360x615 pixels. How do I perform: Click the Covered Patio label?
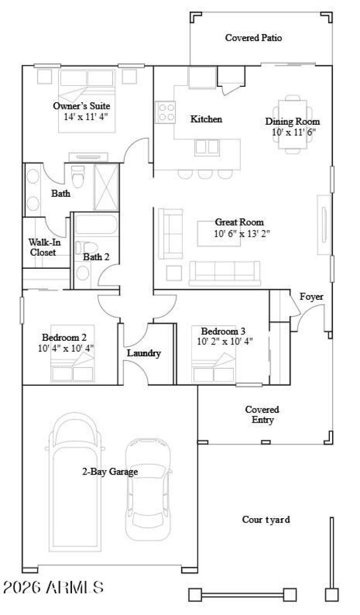[253, 38]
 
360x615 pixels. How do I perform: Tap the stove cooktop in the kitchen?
[165, 113]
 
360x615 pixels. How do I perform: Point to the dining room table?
[293, 124]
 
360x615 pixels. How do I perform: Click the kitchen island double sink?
[207, 147]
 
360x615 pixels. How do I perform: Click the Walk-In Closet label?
[45, 247]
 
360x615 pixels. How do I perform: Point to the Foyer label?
[311, 297]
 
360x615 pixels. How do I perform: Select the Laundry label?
[144, 353]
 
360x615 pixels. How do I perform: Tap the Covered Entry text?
[262, 415]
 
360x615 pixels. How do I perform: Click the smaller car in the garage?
[148, 488]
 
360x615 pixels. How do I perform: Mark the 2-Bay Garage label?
[110, 472]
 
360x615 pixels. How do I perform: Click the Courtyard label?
[266, 520]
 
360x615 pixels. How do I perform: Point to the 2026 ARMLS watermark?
[54, 587]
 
